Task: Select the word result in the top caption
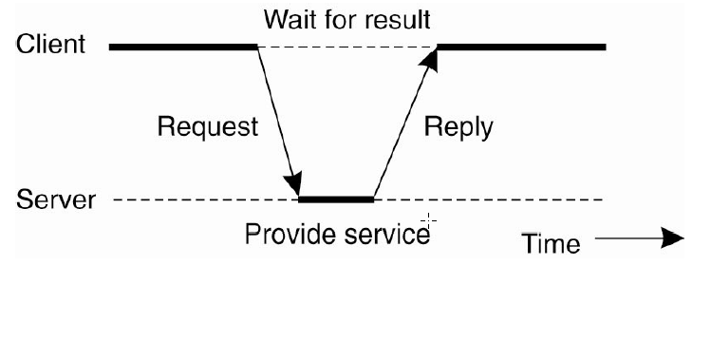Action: pyautogui.click(x=397, y=18)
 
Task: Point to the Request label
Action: pyautogui.click(x=207, y=127)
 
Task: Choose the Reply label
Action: pyautogui.click(x=458, y=127)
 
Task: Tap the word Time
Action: pyautogui.click(x=552, y=243)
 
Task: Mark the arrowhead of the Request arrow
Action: pyautogui.click(x=296, y=185)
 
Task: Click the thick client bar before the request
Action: pyautogui.click(x=182, y=46)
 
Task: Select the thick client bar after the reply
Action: pyautogui.click(x=520, y=46)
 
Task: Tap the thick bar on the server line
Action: pyautogui.click(x=336, y=199)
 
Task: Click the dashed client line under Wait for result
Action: pyautogui.click(x=346, y=46)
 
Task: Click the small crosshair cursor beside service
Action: pyautogui.click(x=429, y=223)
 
